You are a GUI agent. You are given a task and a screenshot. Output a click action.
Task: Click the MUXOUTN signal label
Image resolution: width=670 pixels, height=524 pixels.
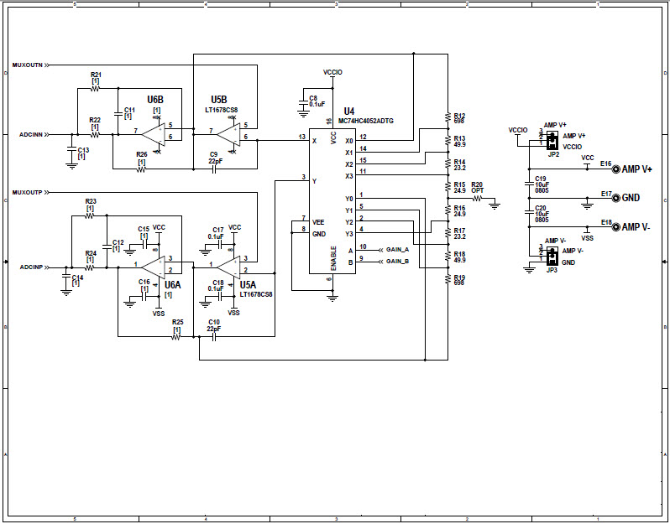(x=27, y=65)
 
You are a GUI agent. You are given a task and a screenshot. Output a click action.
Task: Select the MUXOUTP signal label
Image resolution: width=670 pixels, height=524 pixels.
(x=27, y=193)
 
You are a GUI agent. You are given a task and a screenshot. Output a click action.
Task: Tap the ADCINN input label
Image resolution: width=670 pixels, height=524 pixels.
(x=30, y=133)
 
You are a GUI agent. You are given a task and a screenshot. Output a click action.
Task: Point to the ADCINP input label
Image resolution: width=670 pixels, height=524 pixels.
(x=30, y=267)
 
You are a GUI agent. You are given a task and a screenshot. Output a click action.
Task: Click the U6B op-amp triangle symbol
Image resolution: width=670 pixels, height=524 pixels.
(x=153, y=133)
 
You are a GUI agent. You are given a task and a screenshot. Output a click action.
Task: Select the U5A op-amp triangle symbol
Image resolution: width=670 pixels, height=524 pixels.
(x=226, y=265)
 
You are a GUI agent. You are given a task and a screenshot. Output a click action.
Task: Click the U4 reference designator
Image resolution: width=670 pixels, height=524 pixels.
(x=348, y=111)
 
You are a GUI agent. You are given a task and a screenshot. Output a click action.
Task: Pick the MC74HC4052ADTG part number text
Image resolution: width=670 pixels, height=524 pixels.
(x=371, y=121)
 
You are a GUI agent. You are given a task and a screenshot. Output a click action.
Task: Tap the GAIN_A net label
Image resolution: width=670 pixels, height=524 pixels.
(x=397, y=250)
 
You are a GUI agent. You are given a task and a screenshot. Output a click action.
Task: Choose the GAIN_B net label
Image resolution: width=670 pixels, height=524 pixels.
(x=397, y=262)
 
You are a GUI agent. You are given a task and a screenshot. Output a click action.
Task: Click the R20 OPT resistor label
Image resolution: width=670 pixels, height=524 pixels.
(x=477, y=187)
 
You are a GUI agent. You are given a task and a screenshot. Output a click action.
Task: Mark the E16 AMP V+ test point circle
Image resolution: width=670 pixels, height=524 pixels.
(x=616, y=169)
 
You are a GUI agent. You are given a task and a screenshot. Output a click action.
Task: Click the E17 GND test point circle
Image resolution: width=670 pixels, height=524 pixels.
(x=616, y=199)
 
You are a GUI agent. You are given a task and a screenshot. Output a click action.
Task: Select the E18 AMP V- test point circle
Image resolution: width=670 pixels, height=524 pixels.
(x=616, y=227)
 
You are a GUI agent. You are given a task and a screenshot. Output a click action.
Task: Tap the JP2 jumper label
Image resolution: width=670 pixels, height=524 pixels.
(x=552, y=155)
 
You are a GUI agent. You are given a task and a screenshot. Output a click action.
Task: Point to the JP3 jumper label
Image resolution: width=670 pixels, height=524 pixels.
(x=552, y=271)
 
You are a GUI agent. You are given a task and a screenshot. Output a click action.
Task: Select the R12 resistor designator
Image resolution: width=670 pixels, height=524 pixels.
(x=459, y=116)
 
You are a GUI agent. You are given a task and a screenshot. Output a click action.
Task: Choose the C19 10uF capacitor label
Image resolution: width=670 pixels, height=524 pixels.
(x=540, y=183)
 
